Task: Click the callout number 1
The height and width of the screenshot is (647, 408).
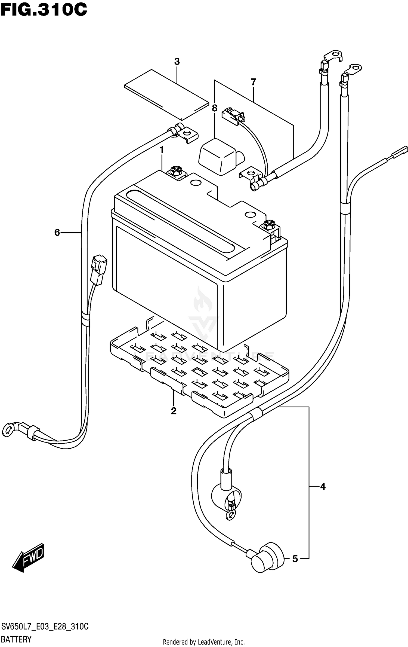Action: [x=162, y=150]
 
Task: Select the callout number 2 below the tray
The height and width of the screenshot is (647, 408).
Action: [x=174, y=411]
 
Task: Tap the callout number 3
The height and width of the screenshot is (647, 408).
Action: [x=177, y=62]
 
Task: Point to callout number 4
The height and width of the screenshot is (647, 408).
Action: [x=323, y=486]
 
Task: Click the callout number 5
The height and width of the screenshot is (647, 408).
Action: [x=295, y=559]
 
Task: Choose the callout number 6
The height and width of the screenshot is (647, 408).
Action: [x=57, y=233]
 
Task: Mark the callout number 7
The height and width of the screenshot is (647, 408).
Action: [x=253, y=82]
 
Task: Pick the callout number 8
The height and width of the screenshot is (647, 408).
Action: [x=215, y=108]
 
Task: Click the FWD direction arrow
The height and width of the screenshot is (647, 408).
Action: [x=29, y=558]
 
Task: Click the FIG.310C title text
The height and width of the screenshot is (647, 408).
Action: [x=44, y=10]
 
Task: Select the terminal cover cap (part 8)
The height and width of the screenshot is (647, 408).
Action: [x=218, y=156]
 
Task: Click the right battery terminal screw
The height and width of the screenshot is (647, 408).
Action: [x=269, y=225]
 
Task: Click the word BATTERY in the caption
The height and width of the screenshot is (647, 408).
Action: [x=16, y=639]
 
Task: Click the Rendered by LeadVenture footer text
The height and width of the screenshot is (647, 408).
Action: [x=204, y=642]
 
